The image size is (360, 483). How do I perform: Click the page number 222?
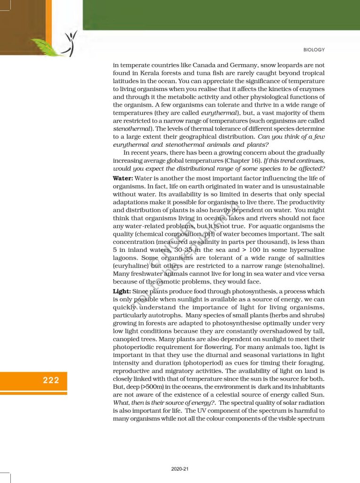pos(51,380)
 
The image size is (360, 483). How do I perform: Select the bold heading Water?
pos(123,178)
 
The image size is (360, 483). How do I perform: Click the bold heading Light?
pos(122,291)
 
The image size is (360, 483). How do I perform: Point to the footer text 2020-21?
pos(180,469)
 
